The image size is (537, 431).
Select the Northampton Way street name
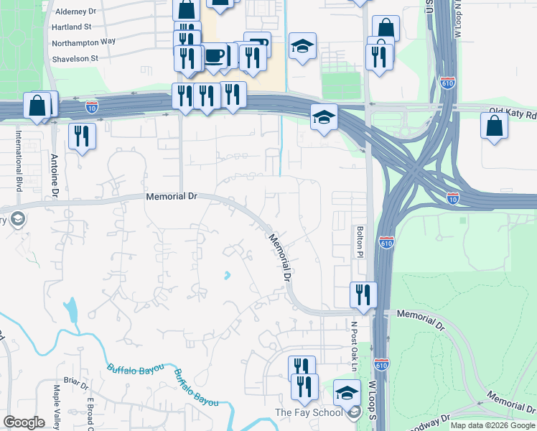[83, 42]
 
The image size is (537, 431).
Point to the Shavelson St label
[75, 57]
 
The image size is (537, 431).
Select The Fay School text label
[309, 412]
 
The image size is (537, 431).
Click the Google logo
[24, 422]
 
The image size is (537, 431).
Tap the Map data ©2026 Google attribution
[492, 425]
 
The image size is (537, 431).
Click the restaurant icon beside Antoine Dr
[82, 135]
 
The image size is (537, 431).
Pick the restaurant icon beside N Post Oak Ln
[363, 294]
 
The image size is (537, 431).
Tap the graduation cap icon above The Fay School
[347, 392]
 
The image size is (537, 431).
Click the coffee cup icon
[214, 56]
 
